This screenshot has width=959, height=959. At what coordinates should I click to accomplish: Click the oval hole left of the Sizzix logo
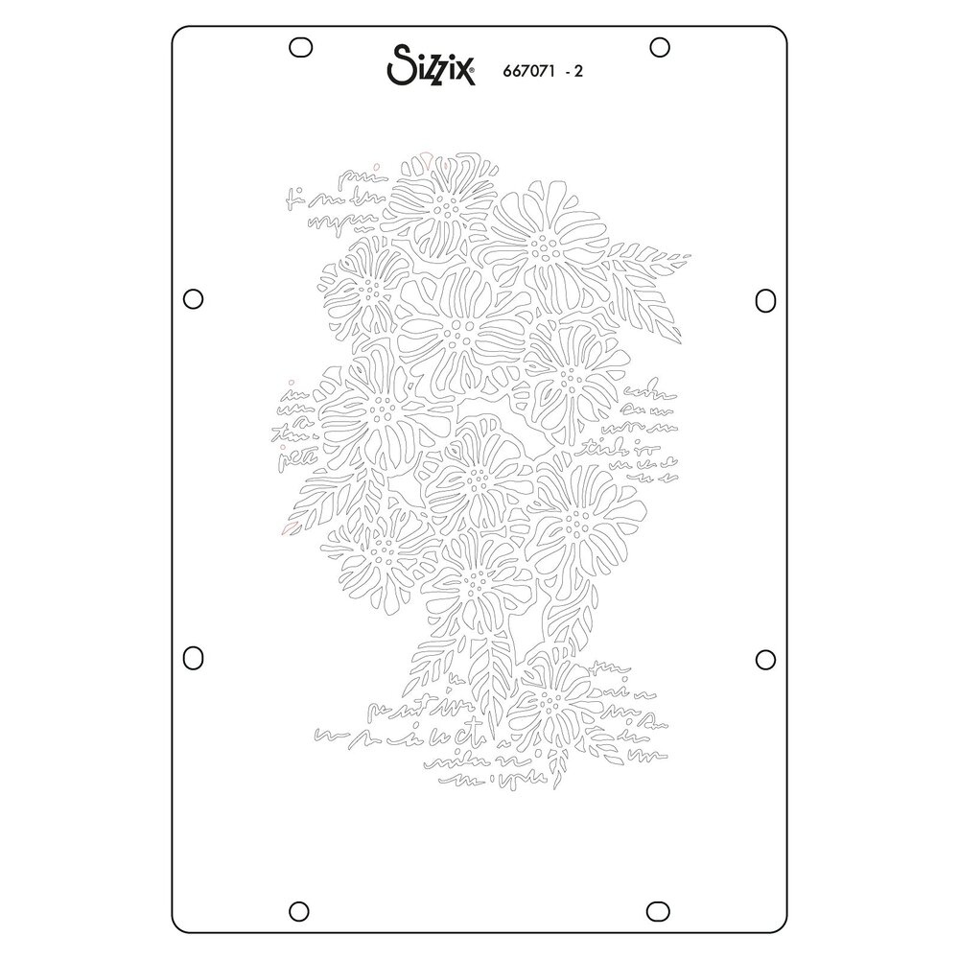(300, 46)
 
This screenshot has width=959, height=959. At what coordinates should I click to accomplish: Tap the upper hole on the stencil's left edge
(192, 298)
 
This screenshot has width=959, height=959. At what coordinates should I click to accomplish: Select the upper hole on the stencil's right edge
(765, 298)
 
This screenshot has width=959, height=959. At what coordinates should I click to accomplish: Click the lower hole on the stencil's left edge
(193, 658)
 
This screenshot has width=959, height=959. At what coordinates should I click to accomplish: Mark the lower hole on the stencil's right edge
(765, 658)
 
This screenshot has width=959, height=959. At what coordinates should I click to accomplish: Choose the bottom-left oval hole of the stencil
(300, 908)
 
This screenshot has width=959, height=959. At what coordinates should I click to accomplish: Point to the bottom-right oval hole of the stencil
(659, 908)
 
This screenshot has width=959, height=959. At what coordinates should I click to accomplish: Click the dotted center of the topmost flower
(445, 203)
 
